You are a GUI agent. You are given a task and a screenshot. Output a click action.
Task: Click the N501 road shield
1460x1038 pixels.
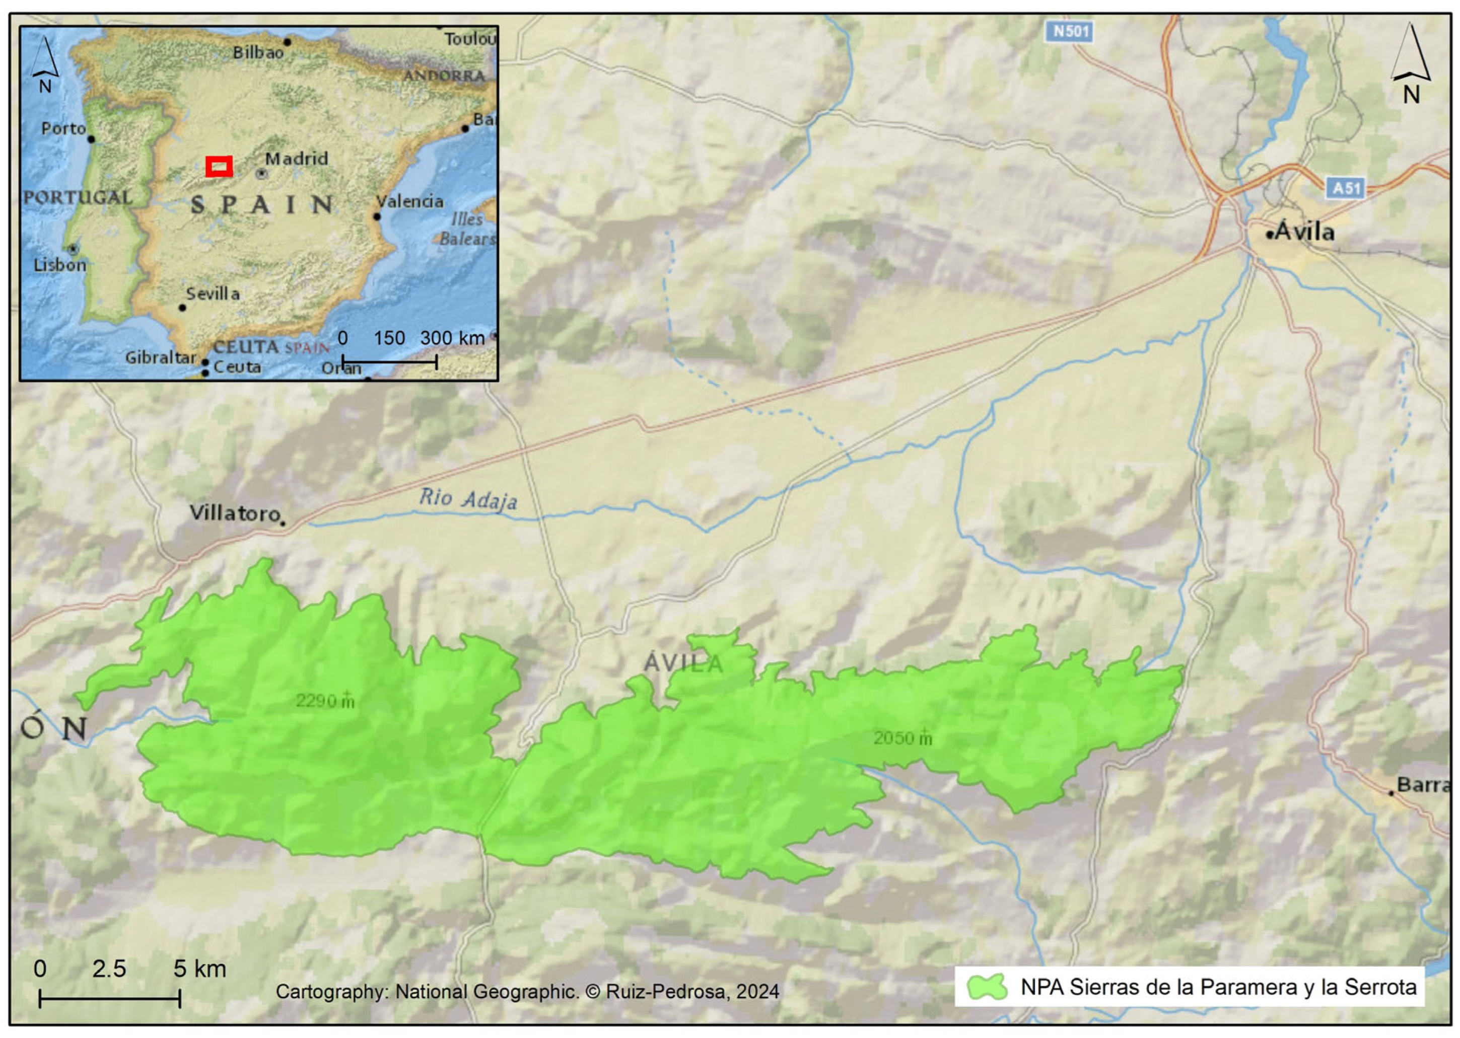[x=1070, y=31]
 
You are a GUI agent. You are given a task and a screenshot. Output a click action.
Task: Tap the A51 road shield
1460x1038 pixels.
[x=1346, y=188]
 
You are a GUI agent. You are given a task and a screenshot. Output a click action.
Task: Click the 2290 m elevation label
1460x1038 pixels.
[x=324, y=701]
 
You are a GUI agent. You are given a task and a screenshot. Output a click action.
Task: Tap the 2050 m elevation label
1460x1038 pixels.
[x=901, y=738]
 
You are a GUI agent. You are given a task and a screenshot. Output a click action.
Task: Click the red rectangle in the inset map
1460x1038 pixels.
[x=219, y=166]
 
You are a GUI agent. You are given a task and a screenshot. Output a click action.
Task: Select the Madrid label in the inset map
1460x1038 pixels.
[x=296, y=159]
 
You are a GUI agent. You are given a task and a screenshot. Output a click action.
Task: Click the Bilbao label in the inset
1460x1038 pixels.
[x=258, y=52]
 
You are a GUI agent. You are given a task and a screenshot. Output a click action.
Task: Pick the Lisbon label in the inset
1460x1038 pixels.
[x=59, y=265]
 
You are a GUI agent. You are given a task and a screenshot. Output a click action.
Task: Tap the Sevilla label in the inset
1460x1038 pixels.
[x=213, y=293]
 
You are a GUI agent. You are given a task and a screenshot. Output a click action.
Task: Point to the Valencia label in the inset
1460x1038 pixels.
[x=409, y=201]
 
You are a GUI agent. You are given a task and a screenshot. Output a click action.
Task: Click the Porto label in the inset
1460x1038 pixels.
[x=63, y=128]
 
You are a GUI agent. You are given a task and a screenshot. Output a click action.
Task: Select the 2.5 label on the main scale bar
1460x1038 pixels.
[x=109, y=969]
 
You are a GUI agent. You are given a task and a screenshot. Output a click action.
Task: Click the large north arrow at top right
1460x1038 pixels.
[x=1410, y=61]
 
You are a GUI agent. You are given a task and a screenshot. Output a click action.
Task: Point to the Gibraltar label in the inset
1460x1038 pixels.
[x=160, y=357]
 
